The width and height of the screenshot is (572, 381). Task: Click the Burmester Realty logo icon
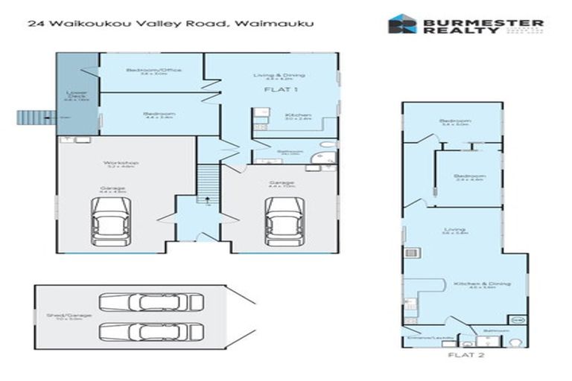tap(401, 24)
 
